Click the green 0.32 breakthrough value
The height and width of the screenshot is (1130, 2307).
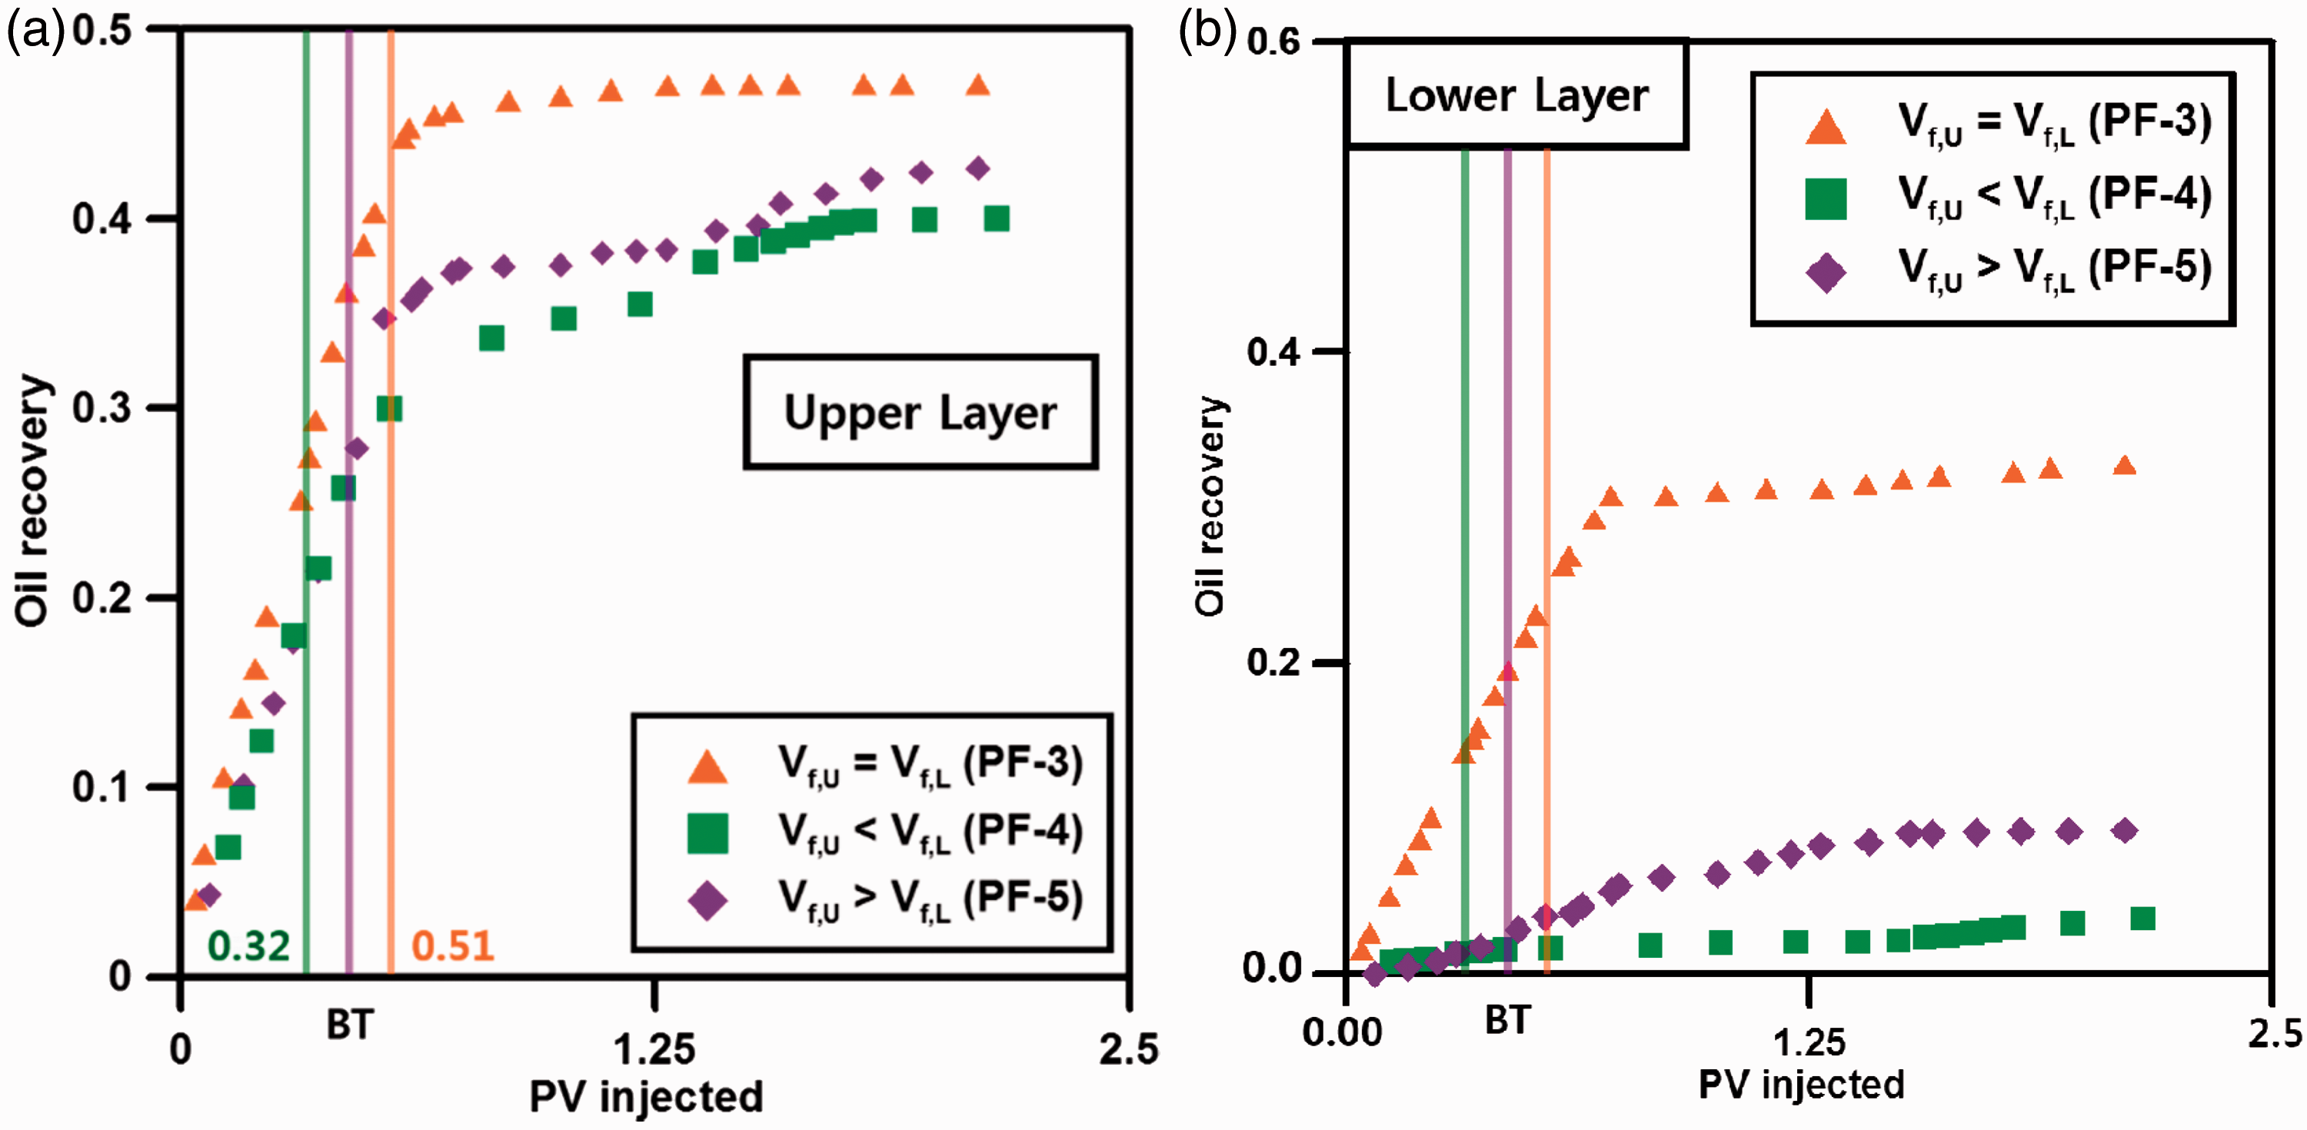(x=248, y=946)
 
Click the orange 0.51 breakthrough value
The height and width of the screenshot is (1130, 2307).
(x=452, y=946)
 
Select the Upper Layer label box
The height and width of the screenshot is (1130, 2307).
(x=920, y=412)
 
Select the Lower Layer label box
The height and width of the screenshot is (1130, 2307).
(x=1516, y=94)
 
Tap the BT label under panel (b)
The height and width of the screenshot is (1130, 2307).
(x=1507, y=1020)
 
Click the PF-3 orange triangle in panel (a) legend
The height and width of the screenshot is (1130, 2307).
(x=707, y=766)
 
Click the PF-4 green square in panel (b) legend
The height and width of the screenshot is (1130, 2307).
(x=1825, y=199)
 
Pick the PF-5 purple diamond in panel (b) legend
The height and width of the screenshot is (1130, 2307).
(x=1825, y=272)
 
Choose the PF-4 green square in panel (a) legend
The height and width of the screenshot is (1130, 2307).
(x=707, y=833)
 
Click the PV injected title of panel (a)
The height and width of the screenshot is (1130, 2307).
(x=646, y=1098)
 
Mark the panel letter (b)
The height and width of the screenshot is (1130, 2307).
(x=1207, y=32)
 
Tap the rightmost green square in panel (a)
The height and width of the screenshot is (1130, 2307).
(x=996, y=218)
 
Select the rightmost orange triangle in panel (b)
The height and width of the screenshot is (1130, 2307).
(x=2123, y=466)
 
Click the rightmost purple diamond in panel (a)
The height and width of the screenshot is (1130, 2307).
(x=978, y=168)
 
